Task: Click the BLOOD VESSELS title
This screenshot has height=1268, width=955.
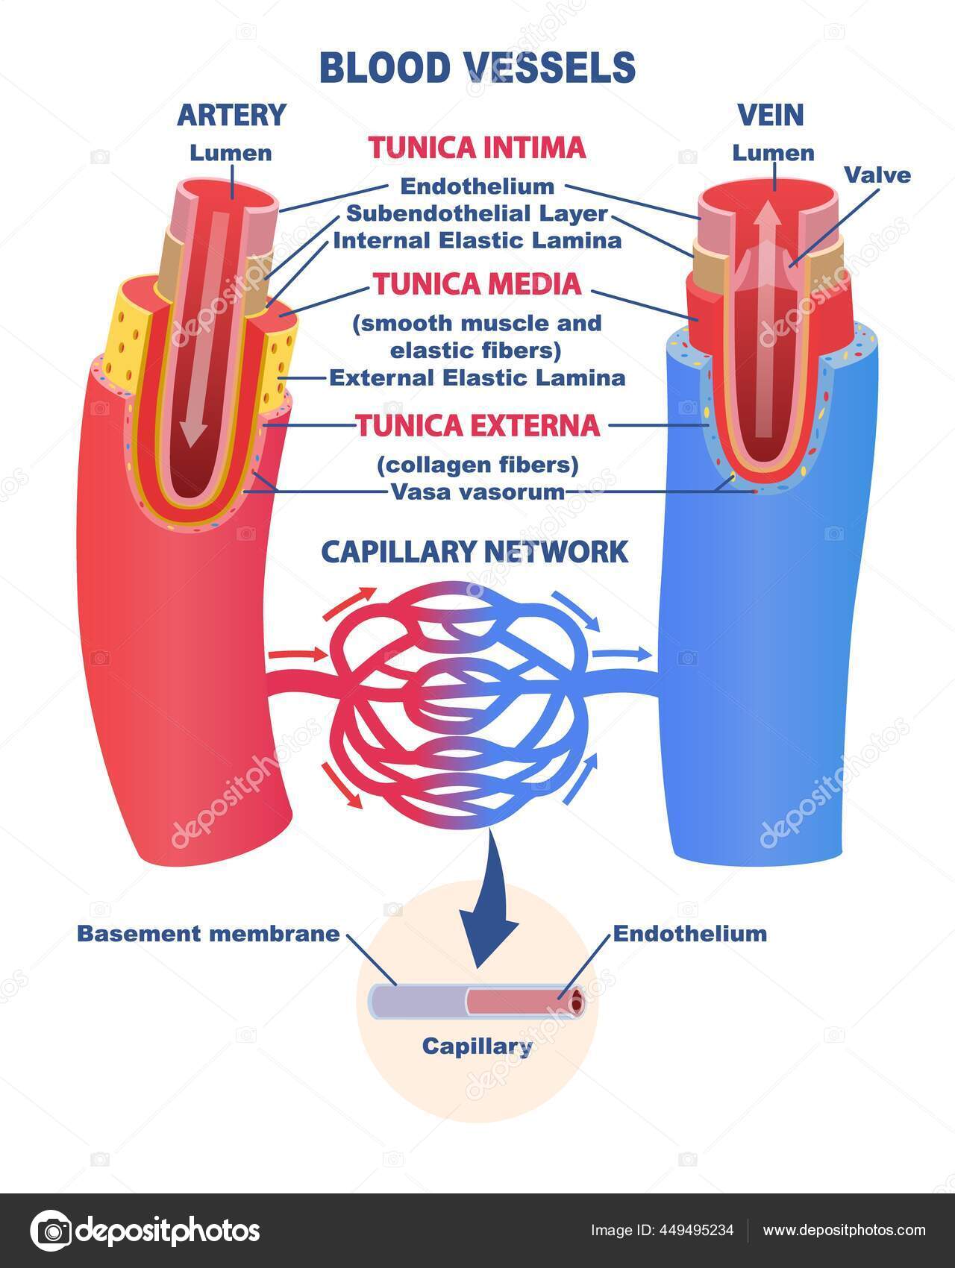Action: click(477, 67)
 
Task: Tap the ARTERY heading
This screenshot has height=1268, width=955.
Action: click(231, 115)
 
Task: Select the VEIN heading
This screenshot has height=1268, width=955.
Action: click(771, 115)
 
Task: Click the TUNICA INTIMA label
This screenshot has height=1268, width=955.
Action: click(477, 148)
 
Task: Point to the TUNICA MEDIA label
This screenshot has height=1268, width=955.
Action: click(477, 284)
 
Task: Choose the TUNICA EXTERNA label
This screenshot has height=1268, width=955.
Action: click(477, 425)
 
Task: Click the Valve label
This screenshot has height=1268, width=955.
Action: click(877, 175)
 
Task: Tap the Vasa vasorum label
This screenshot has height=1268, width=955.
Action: click(477, 492)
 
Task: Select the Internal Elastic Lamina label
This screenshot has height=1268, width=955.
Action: click(477, 241)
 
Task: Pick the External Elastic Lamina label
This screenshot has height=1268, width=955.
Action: click(477, 377)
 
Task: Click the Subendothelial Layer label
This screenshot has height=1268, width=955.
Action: click(477, 214)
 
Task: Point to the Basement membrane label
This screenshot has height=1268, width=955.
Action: click(209, 934)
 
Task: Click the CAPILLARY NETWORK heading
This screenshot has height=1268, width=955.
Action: click(475, 552)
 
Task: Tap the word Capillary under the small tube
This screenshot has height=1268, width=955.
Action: click(477, 1046)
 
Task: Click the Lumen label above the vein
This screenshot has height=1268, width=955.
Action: click(773, 154)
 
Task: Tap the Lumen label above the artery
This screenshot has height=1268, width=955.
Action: click(231, 154)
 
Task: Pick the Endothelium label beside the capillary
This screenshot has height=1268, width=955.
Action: click(690, 934)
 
